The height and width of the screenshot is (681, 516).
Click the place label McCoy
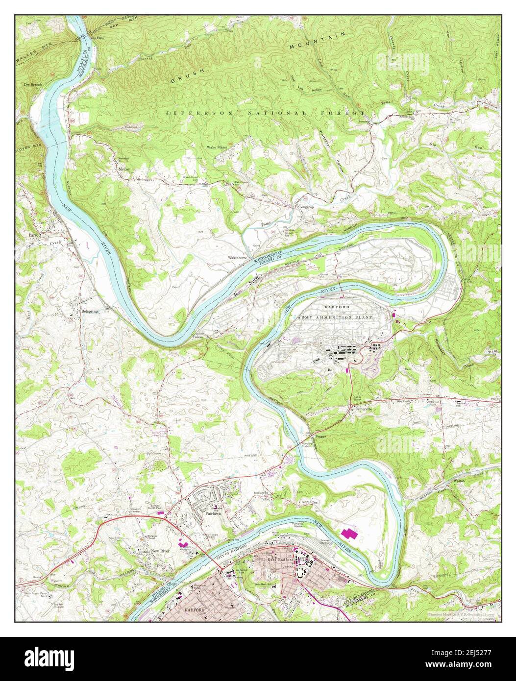pos(124,169)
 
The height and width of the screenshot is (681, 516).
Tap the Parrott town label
pos(34,235)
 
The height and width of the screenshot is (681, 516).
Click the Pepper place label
pos(320,436)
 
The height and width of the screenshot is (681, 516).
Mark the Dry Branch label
pos(33,84)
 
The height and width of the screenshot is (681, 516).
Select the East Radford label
pos(280,559)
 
